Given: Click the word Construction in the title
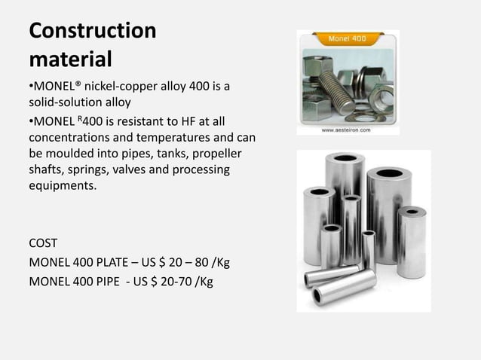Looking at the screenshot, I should point(92,32).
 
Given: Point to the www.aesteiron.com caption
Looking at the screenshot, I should point(346,130).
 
